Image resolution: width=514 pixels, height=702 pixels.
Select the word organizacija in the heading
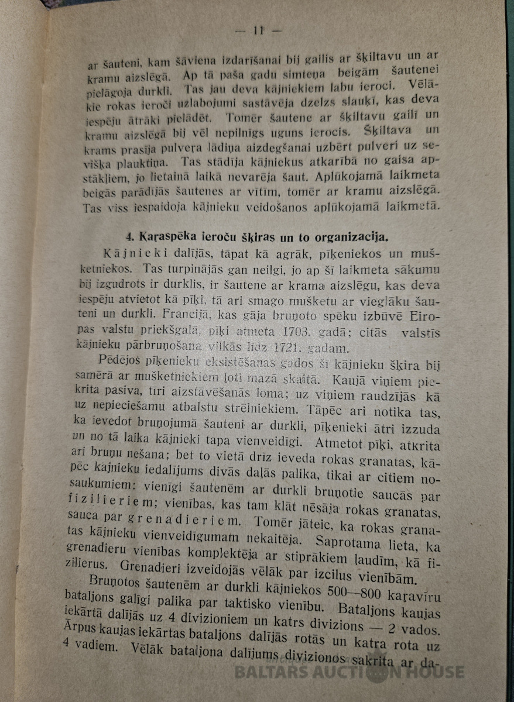[345, 238]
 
